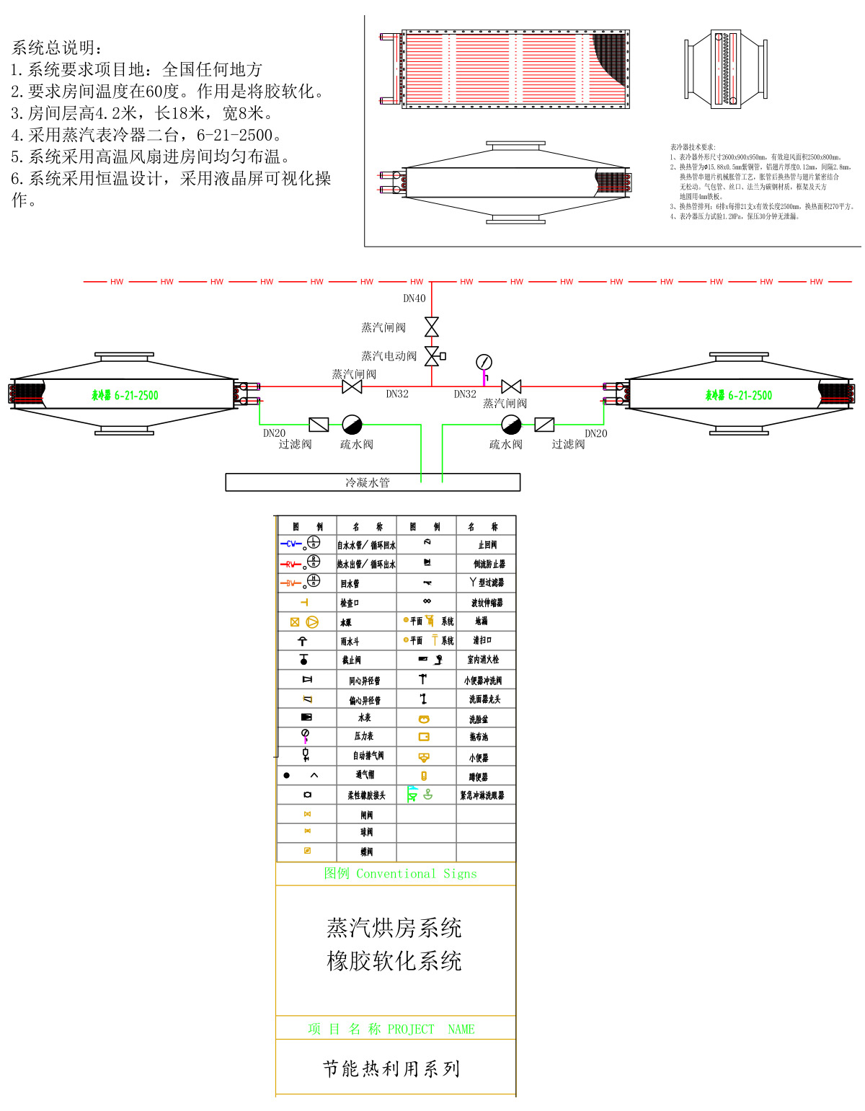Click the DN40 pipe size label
(414, 298)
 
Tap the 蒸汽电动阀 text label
(389, 356)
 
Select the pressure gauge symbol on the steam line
(484, 362)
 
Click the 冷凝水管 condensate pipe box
(373, 482)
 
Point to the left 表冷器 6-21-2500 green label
(125, 395)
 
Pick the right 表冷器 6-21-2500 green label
(738, 395)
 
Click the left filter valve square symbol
(319, 425)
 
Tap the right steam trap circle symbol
(511, 424)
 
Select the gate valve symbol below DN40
(432, 327)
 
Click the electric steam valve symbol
(432, 356)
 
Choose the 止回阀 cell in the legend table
(487, 545)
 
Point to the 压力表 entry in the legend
(364, 736)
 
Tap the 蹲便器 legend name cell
(479, 776)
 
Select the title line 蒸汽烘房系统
(394, 928)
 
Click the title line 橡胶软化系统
(394, 961)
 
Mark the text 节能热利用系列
(391, 1068)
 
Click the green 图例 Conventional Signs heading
(400, 874)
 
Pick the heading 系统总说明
(58, 48)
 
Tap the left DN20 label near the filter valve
(274, 433)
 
